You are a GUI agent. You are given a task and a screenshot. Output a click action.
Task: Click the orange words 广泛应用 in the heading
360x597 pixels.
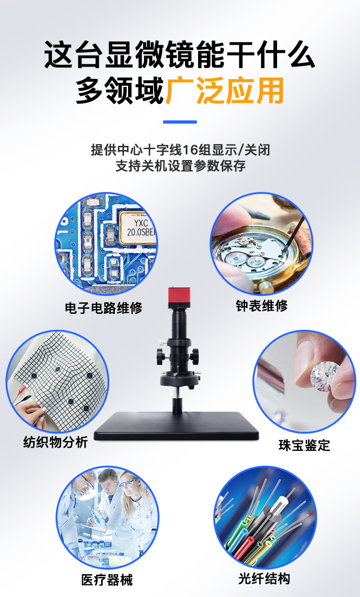tap(225, 90)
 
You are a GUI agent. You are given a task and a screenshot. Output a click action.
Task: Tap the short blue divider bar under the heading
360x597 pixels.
tap(180, 122)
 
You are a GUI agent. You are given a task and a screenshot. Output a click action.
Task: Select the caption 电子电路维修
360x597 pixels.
tap(103, 308)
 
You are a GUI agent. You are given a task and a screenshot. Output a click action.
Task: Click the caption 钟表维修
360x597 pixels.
tap(262, 306)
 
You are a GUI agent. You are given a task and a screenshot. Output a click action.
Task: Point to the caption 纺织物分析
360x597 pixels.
tap(56, 442)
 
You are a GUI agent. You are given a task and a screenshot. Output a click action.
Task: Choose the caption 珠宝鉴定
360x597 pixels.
tap(304, 445)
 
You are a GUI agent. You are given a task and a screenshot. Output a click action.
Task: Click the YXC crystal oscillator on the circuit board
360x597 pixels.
tap(138, 228)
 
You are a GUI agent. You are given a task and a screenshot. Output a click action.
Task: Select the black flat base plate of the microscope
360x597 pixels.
tap(176, 426)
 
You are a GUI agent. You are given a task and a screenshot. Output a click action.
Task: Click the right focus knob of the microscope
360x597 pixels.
tap(195, 356)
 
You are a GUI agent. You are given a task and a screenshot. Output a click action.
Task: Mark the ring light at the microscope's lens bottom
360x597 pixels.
tap(180, 379)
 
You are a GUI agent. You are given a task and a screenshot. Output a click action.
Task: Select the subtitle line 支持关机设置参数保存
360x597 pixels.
tap(180, 166)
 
